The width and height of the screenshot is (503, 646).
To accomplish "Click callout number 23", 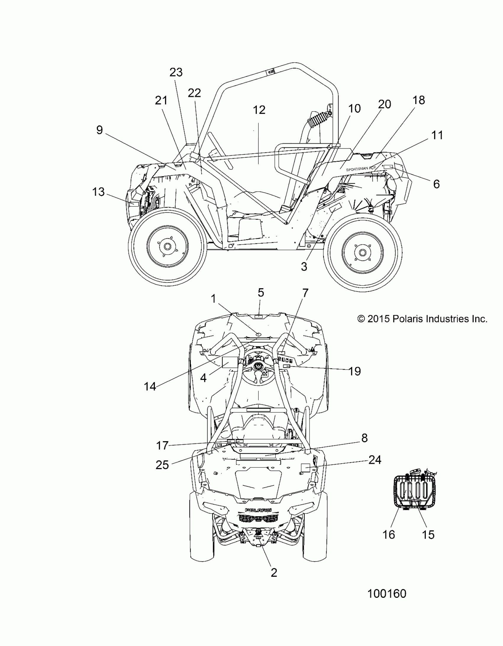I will (x=176, y=72).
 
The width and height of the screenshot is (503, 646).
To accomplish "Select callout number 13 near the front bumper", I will (x=98, y=192).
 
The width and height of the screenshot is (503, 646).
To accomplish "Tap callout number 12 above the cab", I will (x=259, y=110).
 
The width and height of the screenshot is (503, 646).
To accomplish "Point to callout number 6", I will (x=436, y=184).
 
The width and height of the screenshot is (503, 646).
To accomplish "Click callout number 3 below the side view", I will (x=304, y=266).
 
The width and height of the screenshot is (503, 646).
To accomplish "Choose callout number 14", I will (x=150, y=386).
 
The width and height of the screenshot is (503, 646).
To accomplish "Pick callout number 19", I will (x=355, y=371).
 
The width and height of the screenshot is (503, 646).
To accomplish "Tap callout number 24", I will (x=375, y=460).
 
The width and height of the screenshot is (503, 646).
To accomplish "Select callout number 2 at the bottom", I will (x=274, y=573).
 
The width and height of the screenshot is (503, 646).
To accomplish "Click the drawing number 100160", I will (x=387, y=594).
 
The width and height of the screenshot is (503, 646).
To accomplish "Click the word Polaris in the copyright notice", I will (x=407, y=319).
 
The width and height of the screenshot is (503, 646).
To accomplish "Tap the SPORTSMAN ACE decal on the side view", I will (x=361, y=169).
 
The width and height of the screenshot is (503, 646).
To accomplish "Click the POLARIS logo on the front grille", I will (x=258, y=510).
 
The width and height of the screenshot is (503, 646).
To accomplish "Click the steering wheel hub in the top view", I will (x=259, y=366).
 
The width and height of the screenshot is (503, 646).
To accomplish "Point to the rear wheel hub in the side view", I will (x=362, y=252).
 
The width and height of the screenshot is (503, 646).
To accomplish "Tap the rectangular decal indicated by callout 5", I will (x=259, y=316).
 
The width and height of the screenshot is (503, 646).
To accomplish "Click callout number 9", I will (x=99, y=130).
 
